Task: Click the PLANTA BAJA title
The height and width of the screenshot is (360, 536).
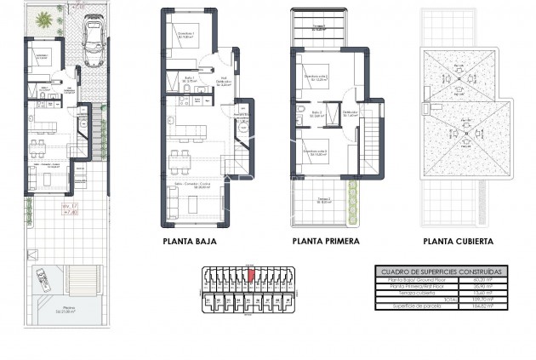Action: (x=189, y=242)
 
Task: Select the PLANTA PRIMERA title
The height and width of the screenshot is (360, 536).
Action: (x=326, y=242)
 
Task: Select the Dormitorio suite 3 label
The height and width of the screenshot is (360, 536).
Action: (x=316, y=152)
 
